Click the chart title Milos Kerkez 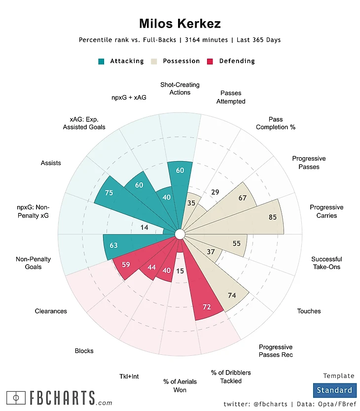point(180,23)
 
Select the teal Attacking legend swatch point(102,62)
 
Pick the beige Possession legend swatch point(154,62)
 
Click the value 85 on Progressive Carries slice point(272,216)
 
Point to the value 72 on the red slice point(207,307)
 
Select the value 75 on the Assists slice point(109,193)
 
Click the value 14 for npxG point(144,227)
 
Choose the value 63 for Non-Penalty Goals point(113,245)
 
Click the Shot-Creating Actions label point(180,89)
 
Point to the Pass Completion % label point(276,123)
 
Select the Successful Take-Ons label point(326,263)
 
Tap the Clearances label point(51,311)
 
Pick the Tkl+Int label point(129,377)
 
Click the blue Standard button point(334,390)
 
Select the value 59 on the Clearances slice point(126,265)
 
